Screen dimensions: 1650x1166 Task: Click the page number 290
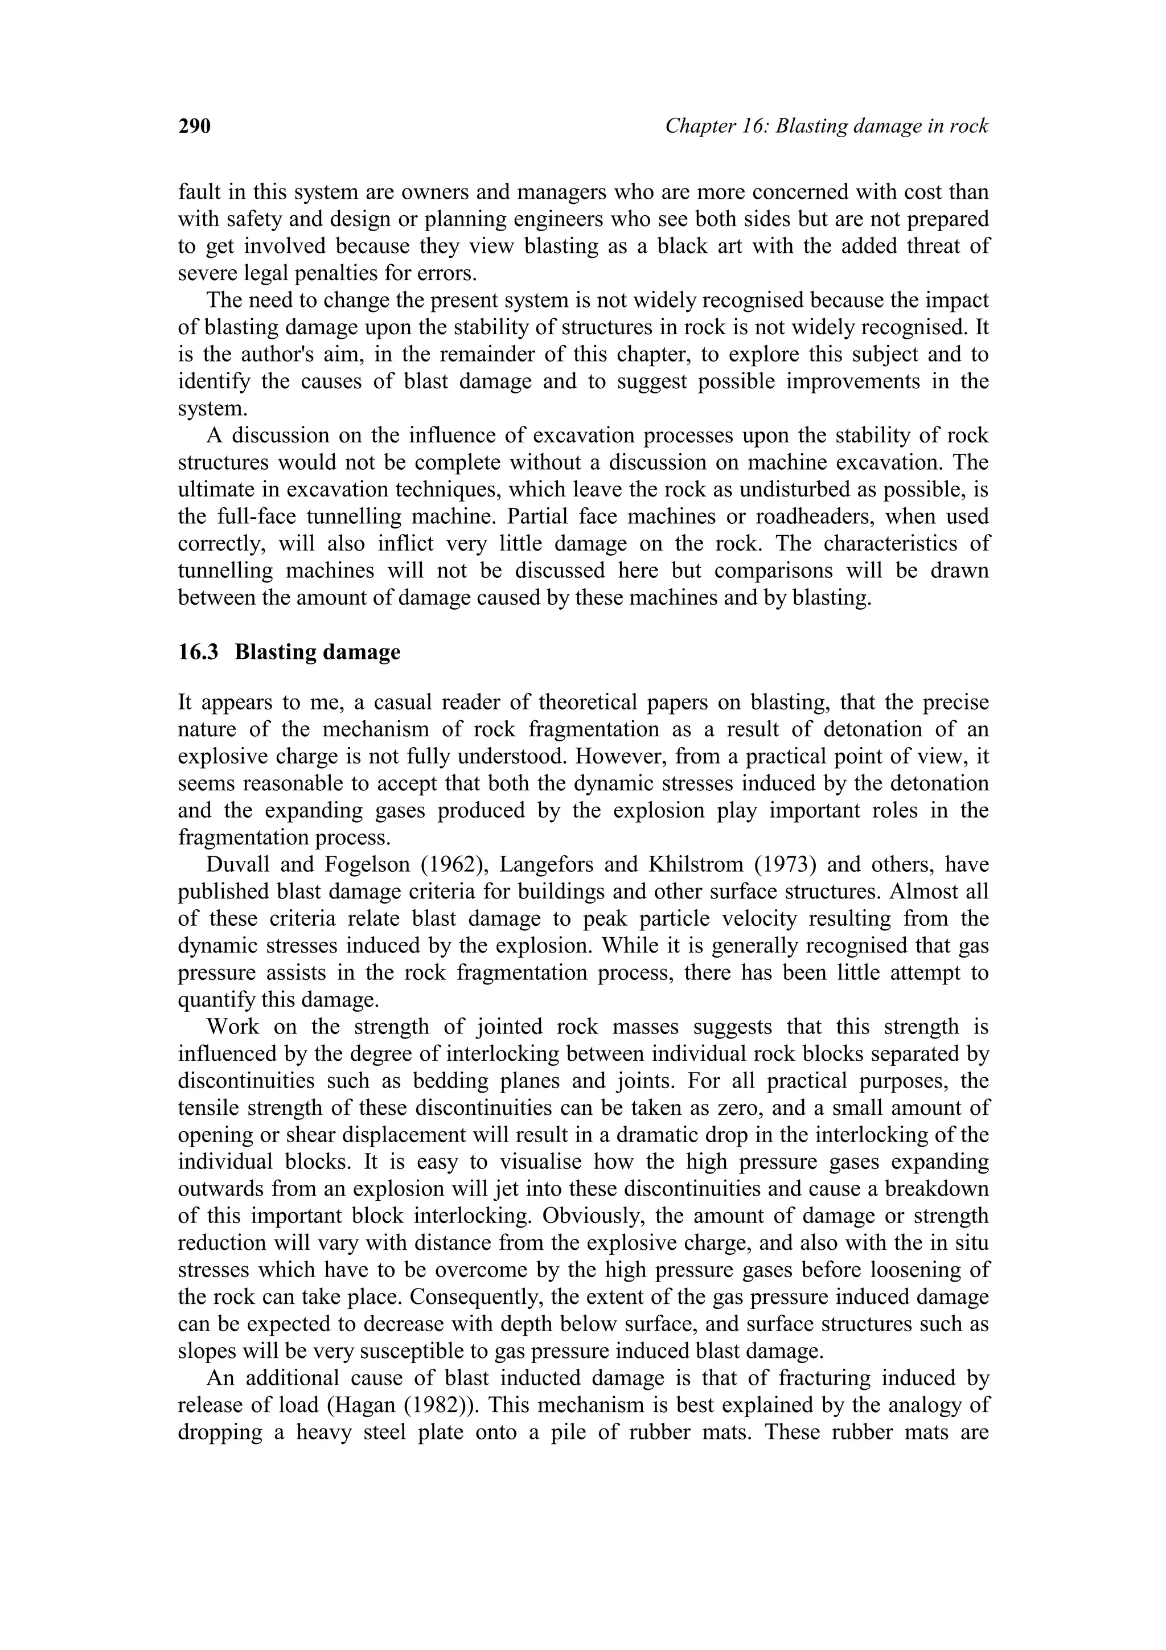[x=194, y=126]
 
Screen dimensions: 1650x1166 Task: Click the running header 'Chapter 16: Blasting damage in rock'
[x=826, y=126]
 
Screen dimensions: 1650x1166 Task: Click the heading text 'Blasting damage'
[x=318, y=652]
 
